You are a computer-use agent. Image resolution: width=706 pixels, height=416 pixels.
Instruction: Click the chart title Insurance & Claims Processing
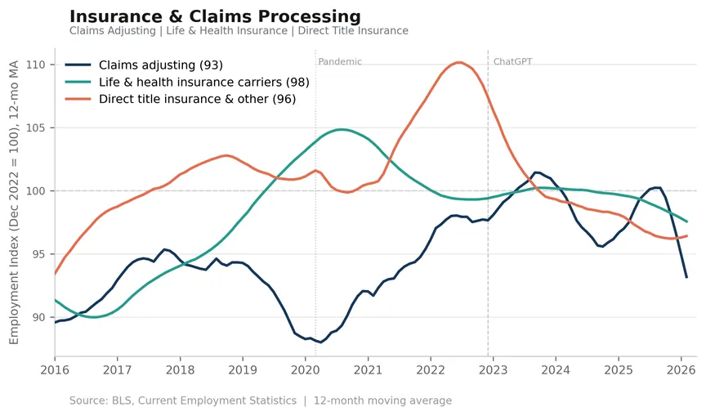click(x=215, y=16)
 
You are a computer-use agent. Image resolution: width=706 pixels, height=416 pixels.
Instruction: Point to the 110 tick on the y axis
click(x=36, y=65)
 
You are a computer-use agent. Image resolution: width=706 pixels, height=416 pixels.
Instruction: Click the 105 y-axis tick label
click(x=36, y=127)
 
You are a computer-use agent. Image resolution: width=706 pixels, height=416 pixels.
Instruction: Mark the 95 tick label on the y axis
click(x=38, y=254)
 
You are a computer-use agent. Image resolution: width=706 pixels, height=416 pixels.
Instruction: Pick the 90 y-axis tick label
click(x=38, y=317)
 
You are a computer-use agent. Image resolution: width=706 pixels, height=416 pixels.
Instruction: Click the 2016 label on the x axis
click(x=55, y=370)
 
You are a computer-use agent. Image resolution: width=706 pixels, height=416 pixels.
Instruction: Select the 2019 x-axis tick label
click(x=243, y=370)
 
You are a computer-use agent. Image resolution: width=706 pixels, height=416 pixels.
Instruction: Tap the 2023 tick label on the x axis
click(x=493, y=370)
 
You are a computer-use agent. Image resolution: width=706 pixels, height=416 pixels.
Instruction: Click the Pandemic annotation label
click(x=340, y=61)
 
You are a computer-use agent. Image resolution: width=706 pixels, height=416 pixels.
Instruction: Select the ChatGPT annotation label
click(x=513, y=61)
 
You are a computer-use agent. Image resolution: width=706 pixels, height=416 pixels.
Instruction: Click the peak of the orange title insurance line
click(x=458, y=63)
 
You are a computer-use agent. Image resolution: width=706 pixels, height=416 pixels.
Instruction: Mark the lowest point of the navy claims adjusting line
click(x=320, y=342)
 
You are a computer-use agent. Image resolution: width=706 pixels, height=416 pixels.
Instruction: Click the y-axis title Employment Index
click(x=14, y=202)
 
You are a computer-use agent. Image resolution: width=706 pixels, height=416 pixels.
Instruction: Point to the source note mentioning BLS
click(x=260, y=400)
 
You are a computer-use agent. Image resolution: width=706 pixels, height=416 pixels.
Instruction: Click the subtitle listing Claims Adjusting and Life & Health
click(x=239, y=30)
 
